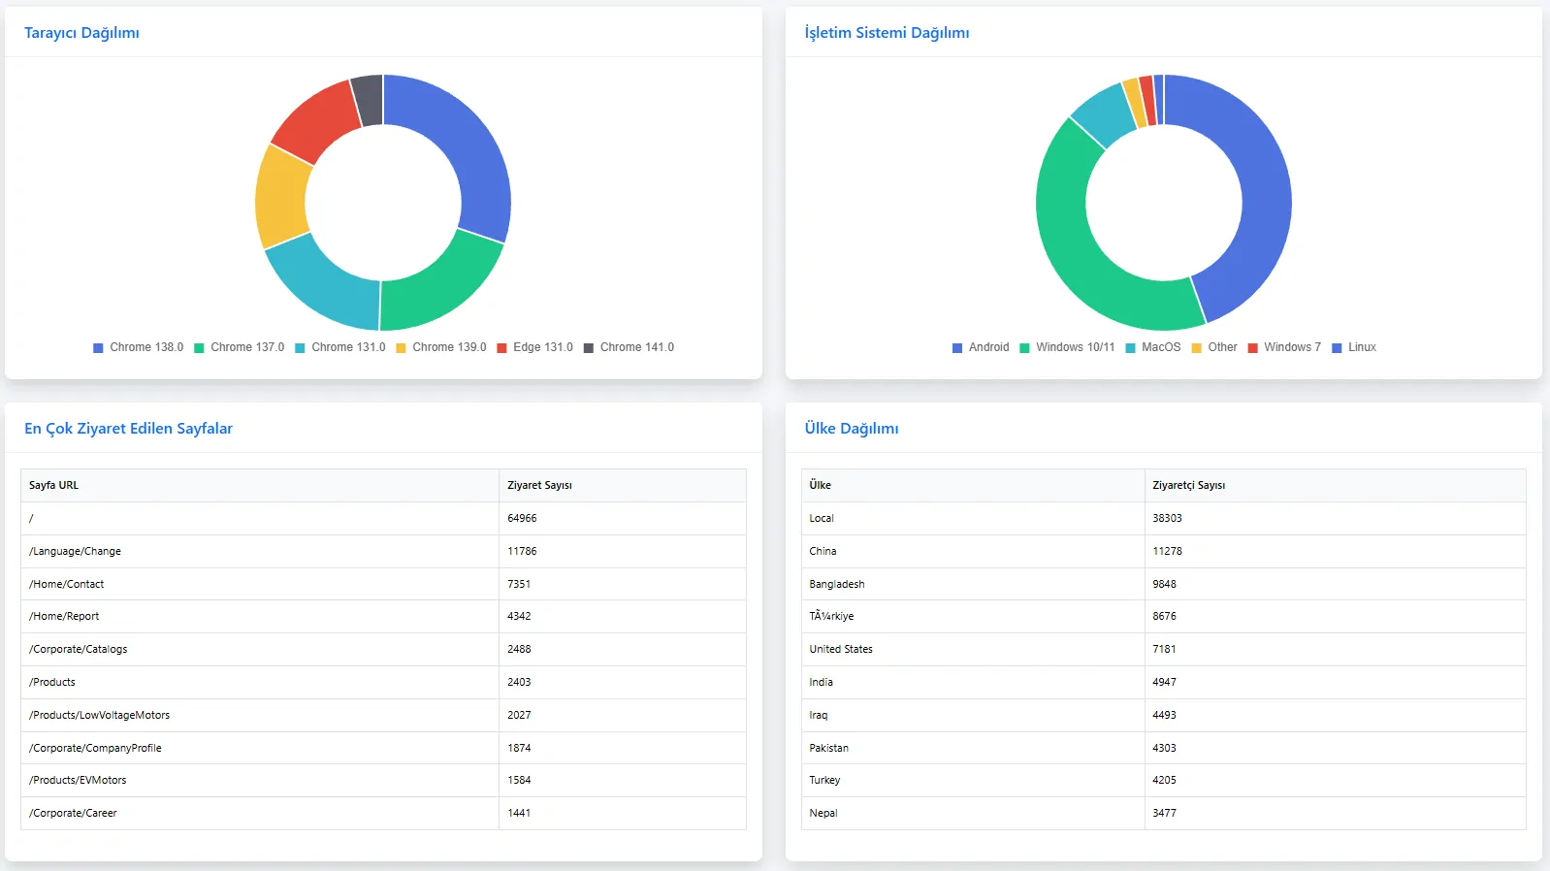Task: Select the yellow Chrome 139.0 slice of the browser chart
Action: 282,197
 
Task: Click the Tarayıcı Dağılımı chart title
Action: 81,33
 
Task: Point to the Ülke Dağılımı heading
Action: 851,429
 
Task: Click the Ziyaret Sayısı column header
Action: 539,485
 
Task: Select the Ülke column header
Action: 820,485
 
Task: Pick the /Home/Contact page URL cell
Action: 66,584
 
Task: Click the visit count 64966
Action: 522,518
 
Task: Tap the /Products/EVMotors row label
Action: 78,780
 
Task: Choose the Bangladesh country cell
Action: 836,584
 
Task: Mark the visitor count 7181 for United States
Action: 1164,649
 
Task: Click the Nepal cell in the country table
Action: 823,813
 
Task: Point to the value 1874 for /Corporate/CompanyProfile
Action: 519,748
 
